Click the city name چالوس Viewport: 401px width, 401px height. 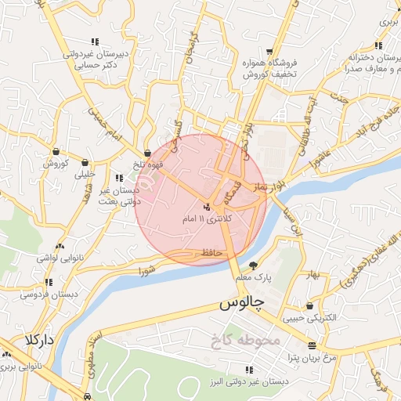point(241,302)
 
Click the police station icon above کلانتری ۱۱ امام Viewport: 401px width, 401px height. point(207,206)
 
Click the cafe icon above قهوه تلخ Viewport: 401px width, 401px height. point(148,154)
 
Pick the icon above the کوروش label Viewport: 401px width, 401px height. point(56,151)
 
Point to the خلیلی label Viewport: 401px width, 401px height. point(84,175)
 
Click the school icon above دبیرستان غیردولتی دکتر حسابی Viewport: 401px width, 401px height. point(95,42)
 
